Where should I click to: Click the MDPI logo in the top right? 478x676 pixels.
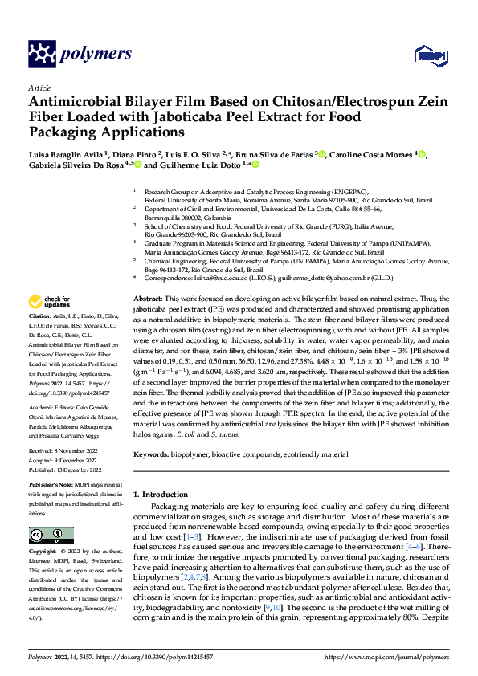click(428, 55)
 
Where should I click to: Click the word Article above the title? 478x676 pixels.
click(39, 88)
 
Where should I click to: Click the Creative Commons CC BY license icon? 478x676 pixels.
click(46, 535)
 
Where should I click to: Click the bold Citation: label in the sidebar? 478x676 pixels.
click(42, 340)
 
